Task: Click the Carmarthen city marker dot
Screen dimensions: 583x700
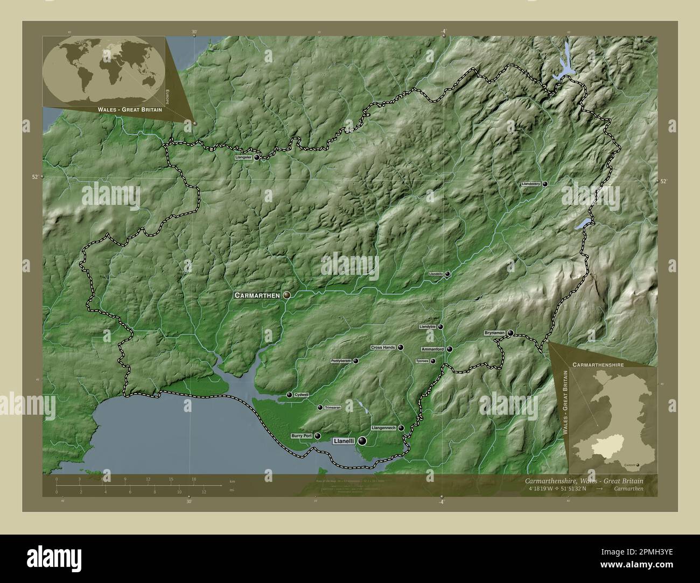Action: (287, 295)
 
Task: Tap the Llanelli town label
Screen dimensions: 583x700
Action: (344, 441)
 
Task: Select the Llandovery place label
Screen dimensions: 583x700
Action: (530, 184)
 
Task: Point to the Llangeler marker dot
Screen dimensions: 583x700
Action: (257, 158)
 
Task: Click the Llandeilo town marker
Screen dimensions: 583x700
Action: (447, 274)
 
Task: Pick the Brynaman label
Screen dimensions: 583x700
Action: (494, 333)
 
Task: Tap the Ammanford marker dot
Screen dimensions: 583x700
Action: (449, 349)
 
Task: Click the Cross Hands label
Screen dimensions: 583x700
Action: (383, 347)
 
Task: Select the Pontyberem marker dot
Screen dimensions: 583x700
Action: (355, 361)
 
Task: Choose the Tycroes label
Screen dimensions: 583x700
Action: (422, 361)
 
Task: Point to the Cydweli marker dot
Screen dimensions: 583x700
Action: (289, 395)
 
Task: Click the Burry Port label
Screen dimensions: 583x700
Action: (302, 436)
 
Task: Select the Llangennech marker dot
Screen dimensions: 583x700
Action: (401, 428)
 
